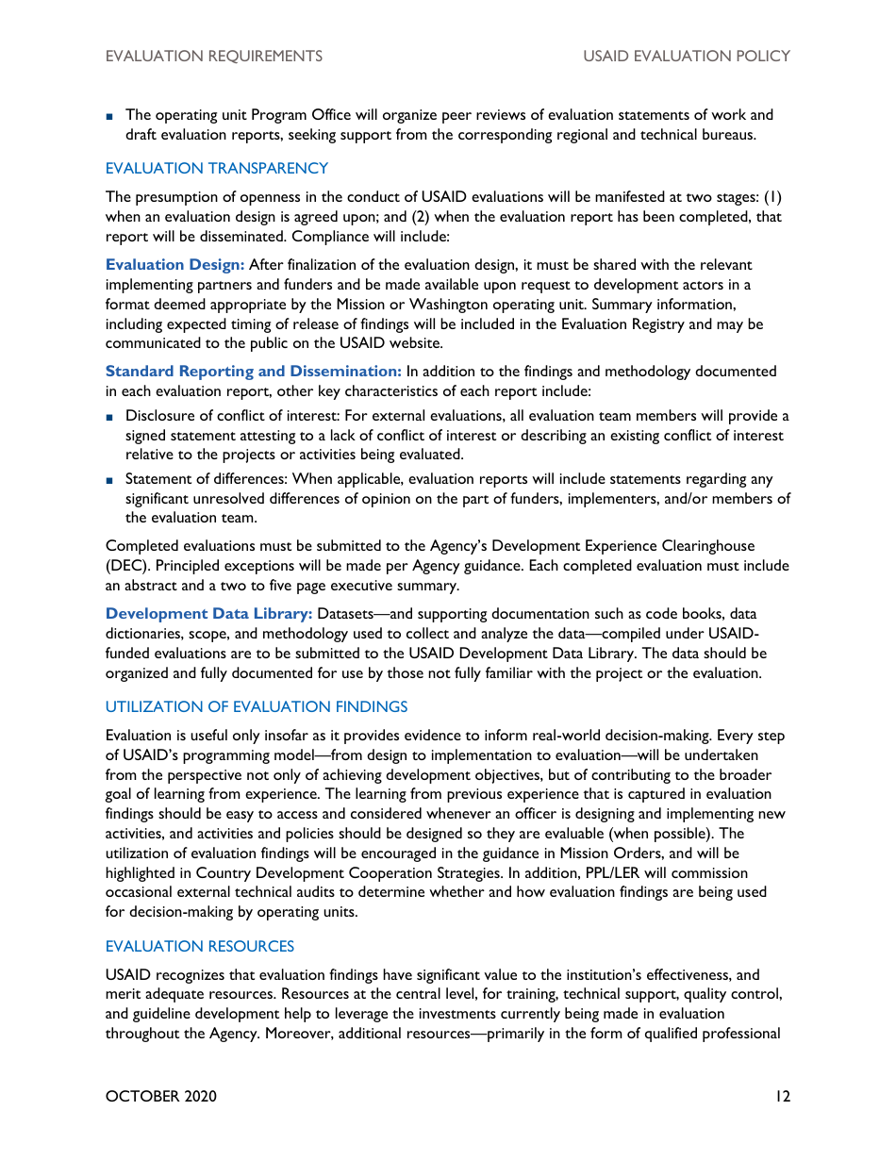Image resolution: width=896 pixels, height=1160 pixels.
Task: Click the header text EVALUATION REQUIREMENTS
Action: pyautogui.click(x=214, y=57)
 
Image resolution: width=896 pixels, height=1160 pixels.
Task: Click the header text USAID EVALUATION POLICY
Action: pyautogui.click(x=686, y=57)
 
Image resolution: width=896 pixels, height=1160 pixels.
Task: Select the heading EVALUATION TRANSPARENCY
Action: pyautogui.click(x=217, y=169)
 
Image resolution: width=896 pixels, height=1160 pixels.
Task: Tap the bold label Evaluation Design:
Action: pyautogui.click(x=174, y=265)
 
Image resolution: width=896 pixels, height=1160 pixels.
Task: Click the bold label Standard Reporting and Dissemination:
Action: pyautogui.click(x=254, y=372)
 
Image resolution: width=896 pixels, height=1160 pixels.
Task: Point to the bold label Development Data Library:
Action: pyautogui.click(x=208, y=614)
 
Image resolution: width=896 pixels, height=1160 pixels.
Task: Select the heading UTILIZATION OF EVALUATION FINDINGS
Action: pyautogui.click(x=257, y=707)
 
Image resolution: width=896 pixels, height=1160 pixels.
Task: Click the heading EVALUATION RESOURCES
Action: pyautogui.click(x=200, y=947)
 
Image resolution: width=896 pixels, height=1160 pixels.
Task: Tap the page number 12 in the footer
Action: pyautogui.click(x=782, y=1097)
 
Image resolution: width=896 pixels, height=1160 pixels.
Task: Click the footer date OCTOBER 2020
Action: pyautogui.click(x=161, y=1097)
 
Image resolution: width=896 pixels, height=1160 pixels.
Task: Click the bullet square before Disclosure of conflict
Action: pyautogui.click(x=110, y=417)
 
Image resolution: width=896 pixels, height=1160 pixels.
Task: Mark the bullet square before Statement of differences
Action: pyautogui.click(x=110, y=480)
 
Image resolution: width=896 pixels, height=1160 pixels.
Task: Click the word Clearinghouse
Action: pyautogui.click(x=700, y=546)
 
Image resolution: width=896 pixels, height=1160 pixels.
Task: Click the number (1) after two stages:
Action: pyautogui.click(x=772, y=197)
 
